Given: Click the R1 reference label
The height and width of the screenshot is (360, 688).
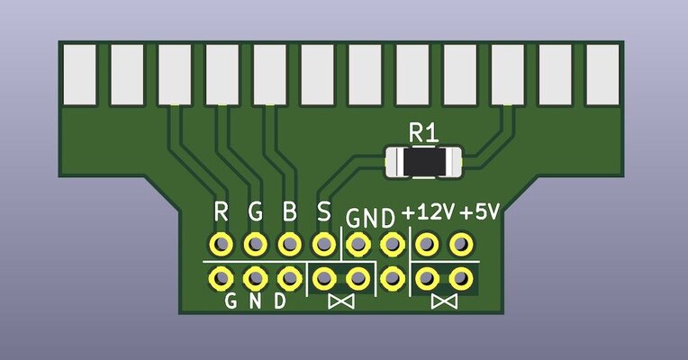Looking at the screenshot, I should pyautogui.click(x=423, y=132).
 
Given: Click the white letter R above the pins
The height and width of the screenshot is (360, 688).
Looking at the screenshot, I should pyautogui.click(x=221, y=212).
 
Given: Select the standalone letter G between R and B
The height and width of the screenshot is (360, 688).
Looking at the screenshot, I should pyautogui.click(x=255, y=212).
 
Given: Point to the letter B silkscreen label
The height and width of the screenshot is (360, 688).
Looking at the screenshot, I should pyautogui.click(x=289, y=212).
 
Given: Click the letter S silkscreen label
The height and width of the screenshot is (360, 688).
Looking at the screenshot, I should pyautogui.click(x=324, y=212).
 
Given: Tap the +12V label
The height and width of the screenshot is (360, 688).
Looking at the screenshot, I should pyautogui.click(x=428, y=214).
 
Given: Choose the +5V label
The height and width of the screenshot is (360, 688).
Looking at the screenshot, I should pyautogui.click(x=479, y=214).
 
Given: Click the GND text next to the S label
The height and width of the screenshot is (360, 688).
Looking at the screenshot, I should pyautogui.click(x=371, y=217).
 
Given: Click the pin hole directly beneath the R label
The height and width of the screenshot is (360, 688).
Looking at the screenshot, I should pyautogui.click(x=221, y=244).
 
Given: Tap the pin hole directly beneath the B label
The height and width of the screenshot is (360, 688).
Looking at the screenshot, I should pyautogui.click(x=289, y=244).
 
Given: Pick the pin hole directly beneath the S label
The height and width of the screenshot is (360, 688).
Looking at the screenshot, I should pyautogui.click(x=323, y=244).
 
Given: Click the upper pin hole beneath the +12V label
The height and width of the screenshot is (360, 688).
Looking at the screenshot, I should pyautogui.click(x=428, y=244).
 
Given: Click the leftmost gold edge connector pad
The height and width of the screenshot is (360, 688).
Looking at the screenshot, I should pyautogui.click(x=79, y=74).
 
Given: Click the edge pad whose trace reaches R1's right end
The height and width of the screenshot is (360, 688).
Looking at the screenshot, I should pyautogui.click(x=508, y=74).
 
